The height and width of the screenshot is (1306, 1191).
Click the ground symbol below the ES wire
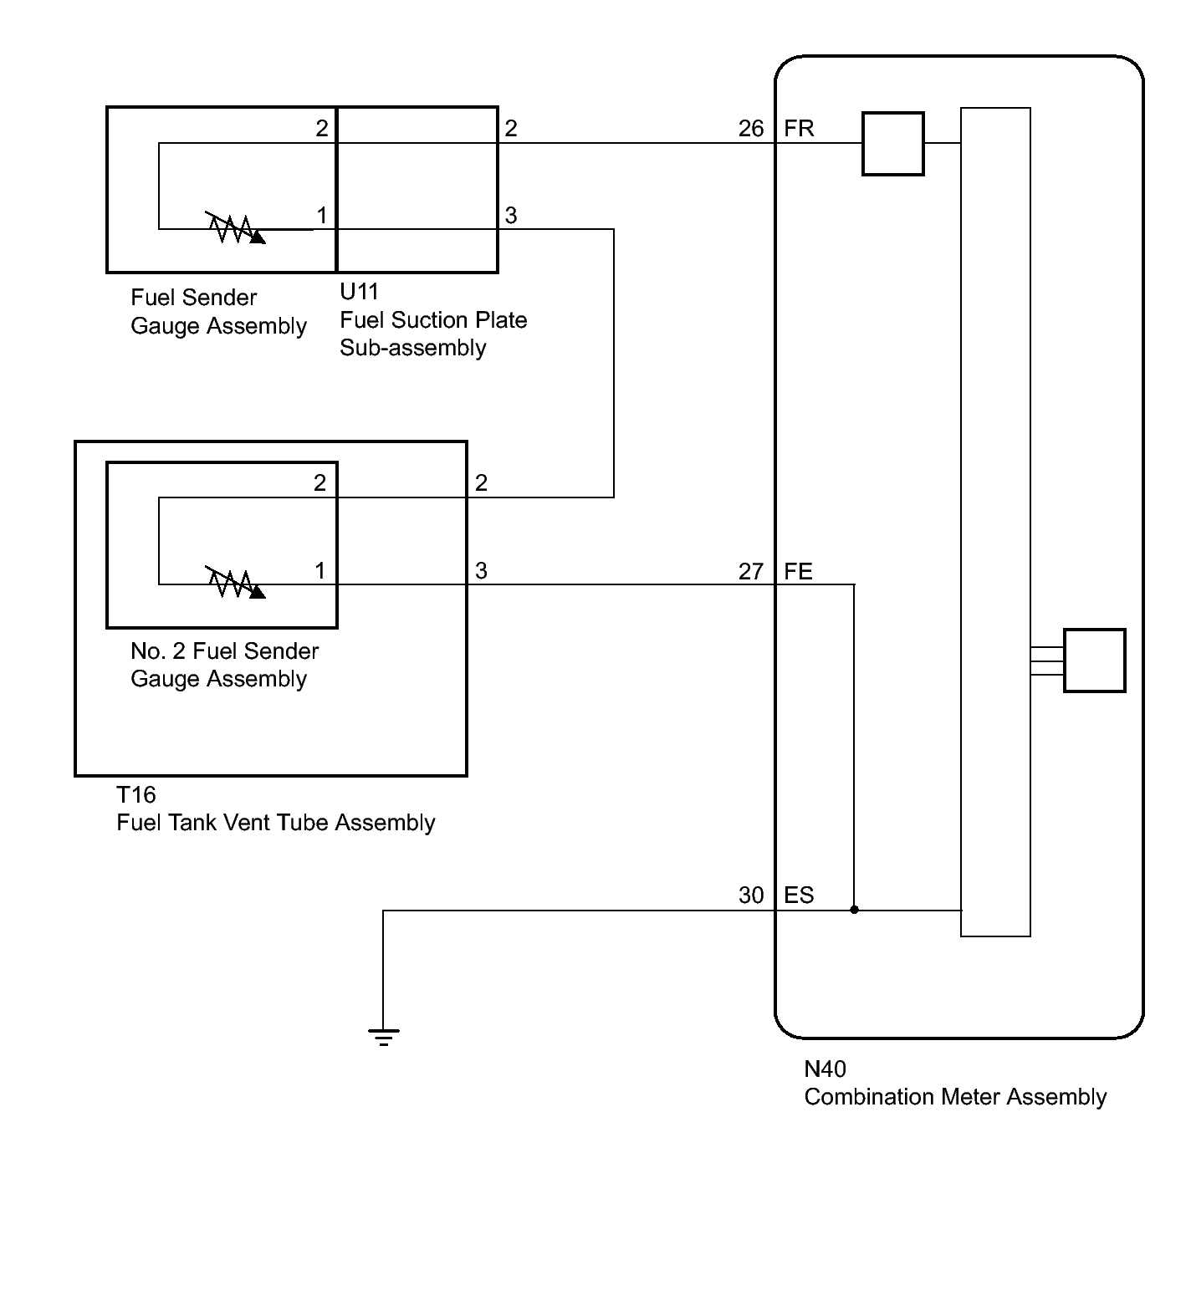tap(383, 1037)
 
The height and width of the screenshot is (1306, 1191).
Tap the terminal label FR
tap(799, 129)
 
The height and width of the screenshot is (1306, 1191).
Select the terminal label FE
tap(799, 572)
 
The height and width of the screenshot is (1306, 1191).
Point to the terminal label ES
tap(799, 895)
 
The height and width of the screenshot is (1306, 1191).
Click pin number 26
tap(751, 129)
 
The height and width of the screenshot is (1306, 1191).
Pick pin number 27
tap(751, 572)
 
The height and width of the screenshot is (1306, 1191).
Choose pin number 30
tap(751, 895)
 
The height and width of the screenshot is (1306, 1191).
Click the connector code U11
tap(360, 292)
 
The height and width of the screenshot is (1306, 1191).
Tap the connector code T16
tap(136, 794)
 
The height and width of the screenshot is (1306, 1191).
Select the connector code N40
tap(826, 1069)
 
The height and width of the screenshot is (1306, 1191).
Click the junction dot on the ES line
tap(854, 910)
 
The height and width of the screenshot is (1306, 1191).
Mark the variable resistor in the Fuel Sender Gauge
tap(236, 228)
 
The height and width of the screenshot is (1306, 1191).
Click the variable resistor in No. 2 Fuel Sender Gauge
tap(236, 584)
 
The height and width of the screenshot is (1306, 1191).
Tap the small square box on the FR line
tap(893, 144)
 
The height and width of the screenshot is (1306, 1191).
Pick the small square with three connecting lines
tap(1095, 661)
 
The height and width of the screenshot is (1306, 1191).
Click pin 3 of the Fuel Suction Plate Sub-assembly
tap(511, 216)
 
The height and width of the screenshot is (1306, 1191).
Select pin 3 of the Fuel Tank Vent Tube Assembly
tap(481, 571)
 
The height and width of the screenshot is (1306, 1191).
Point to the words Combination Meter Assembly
tap(955, 1097)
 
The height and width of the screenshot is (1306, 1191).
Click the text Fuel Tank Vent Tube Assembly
tap(276, 823)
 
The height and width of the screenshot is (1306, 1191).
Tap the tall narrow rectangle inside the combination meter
tap(995, 522)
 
